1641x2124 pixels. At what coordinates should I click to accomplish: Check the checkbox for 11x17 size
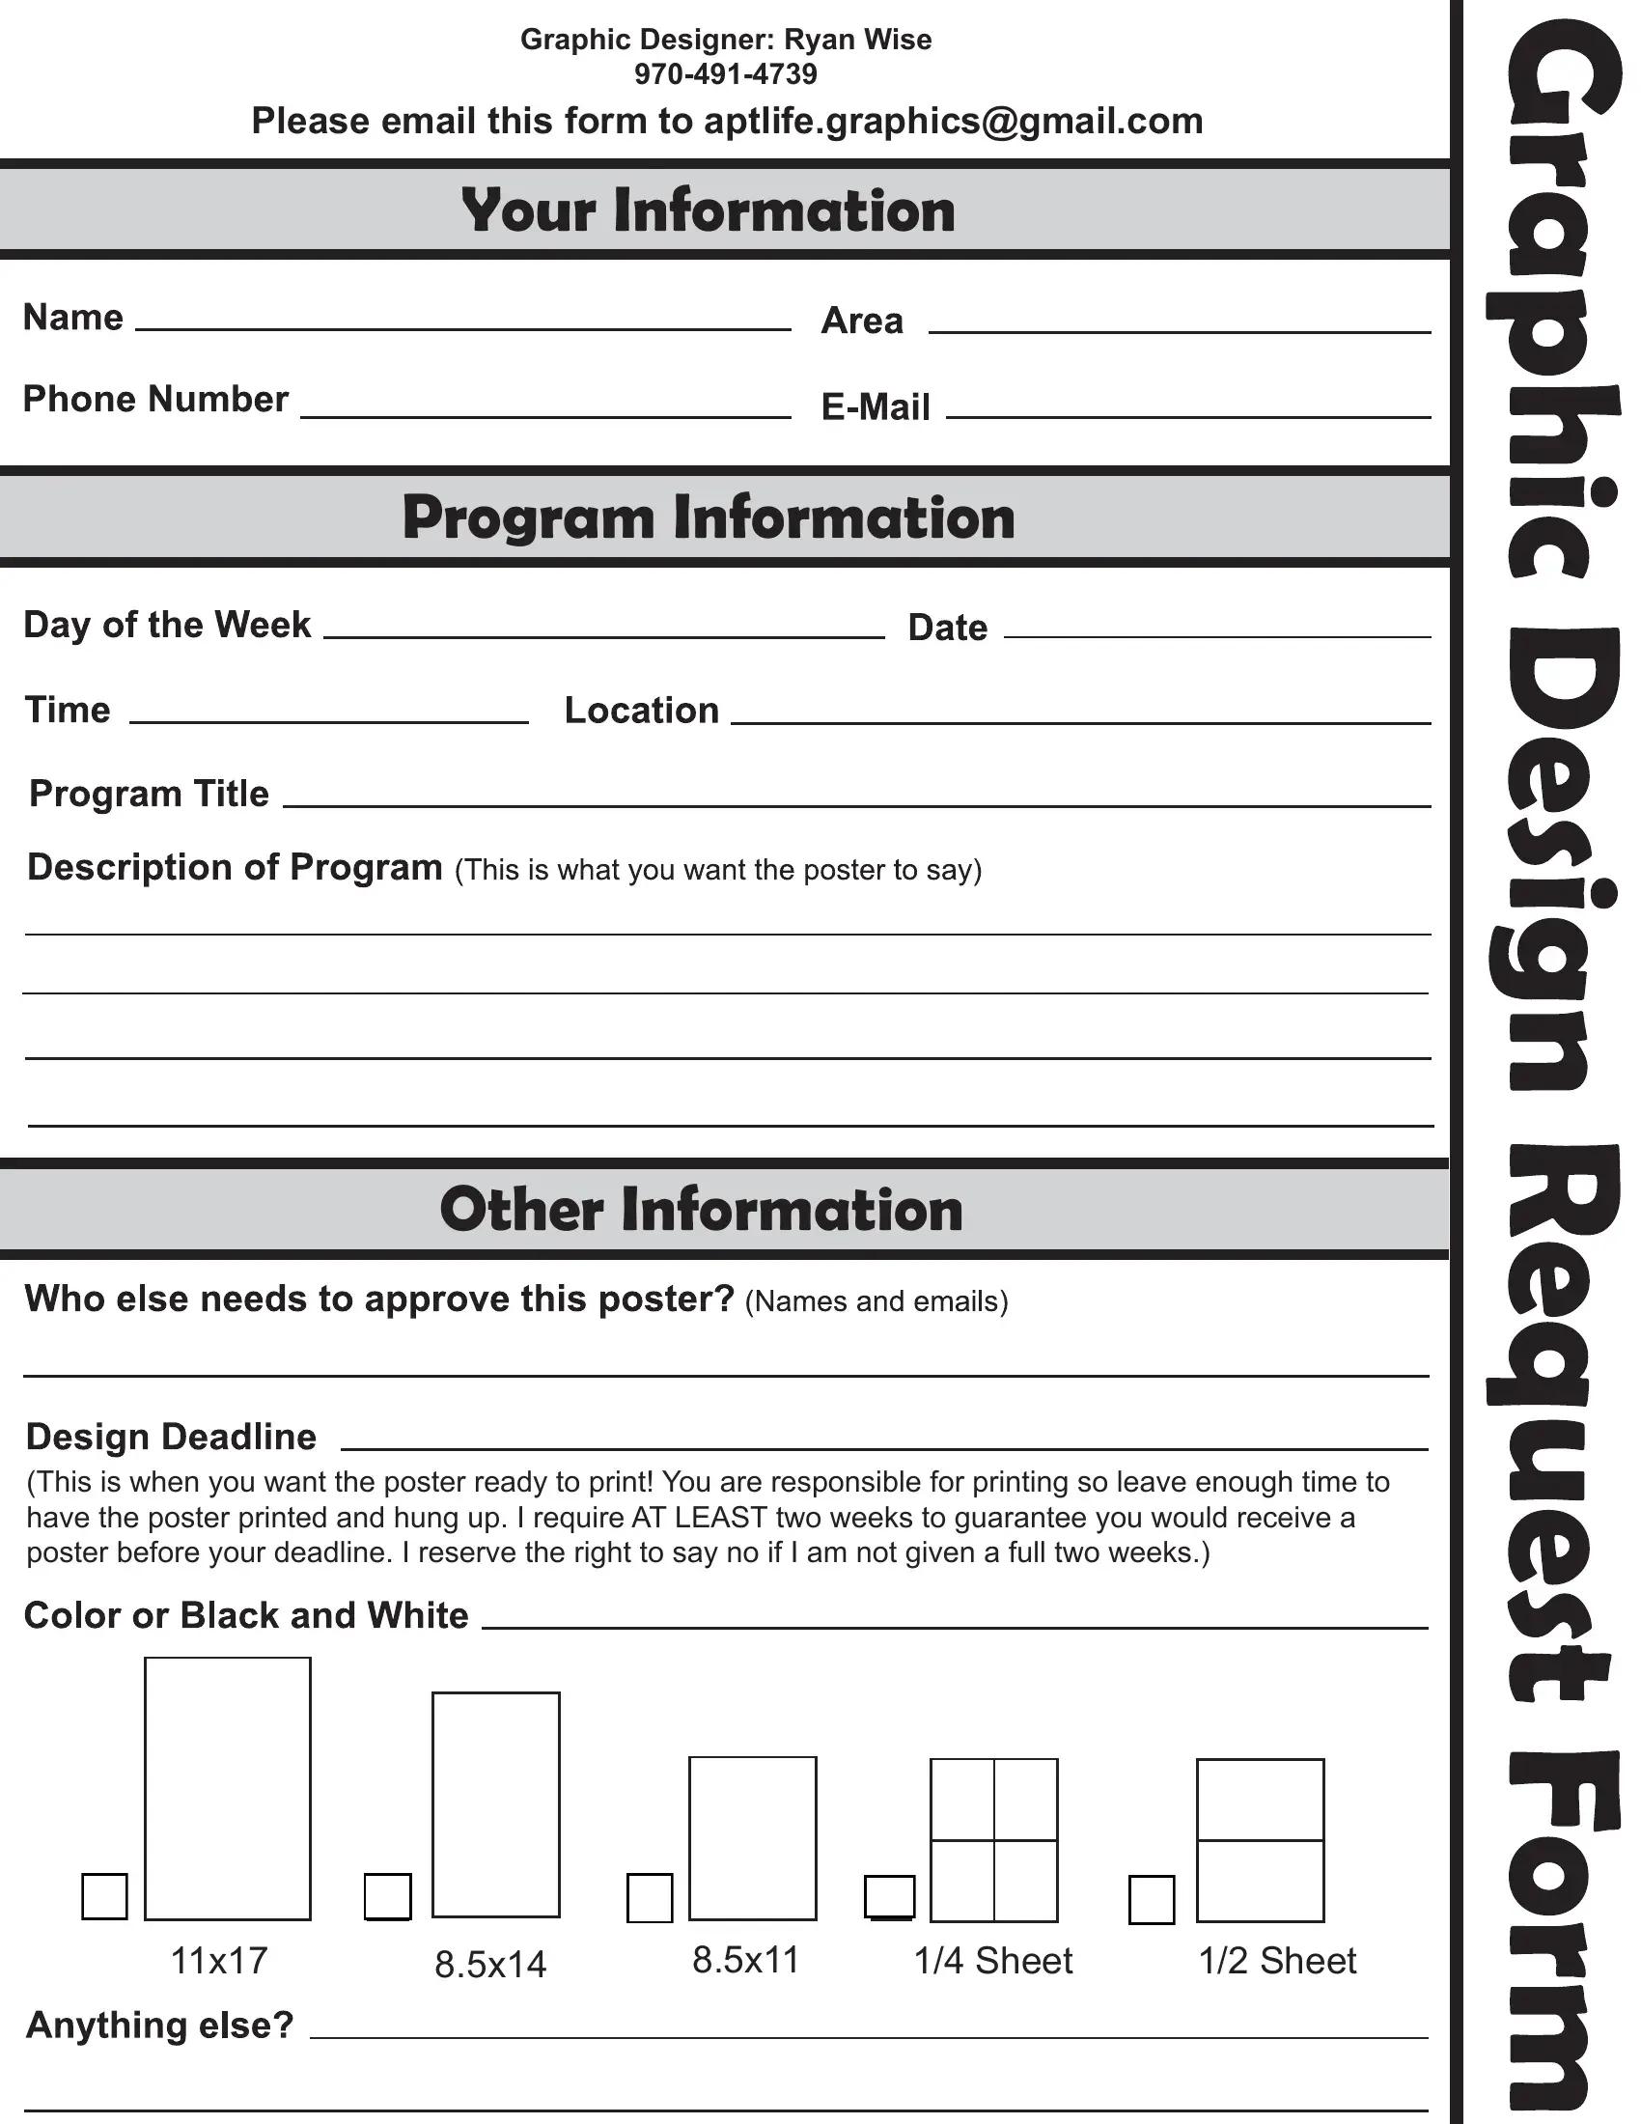[105, 1895]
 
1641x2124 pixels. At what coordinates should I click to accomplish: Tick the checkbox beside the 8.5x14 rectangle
[387, 1895]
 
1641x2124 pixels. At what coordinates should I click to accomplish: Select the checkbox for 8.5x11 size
[650, 1897]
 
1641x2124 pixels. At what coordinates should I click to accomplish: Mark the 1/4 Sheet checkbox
[890, 1896]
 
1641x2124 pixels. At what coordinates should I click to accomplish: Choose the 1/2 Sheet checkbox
[1151, 1899]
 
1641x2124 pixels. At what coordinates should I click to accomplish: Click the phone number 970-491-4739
[725, 74]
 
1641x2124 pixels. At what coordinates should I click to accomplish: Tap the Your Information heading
[708, 210]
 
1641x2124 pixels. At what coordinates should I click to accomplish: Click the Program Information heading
[708, 517]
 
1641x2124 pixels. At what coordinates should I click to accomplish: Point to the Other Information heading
[701, 1209]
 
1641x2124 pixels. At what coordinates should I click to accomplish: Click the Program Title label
[149, 794]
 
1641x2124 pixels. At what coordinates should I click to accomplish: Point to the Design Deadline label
[171, 1437]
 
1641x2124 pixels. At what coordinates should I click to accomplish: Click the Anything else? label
[159, 2024]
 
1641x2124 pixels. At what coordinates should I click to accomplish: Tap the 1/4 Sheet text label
[992, 1961]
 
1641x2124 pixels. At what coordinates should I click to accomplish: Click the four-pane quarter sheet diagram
[993, 1840]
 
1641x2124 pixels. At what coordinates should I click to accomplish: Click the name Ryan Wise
[857, 40]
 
